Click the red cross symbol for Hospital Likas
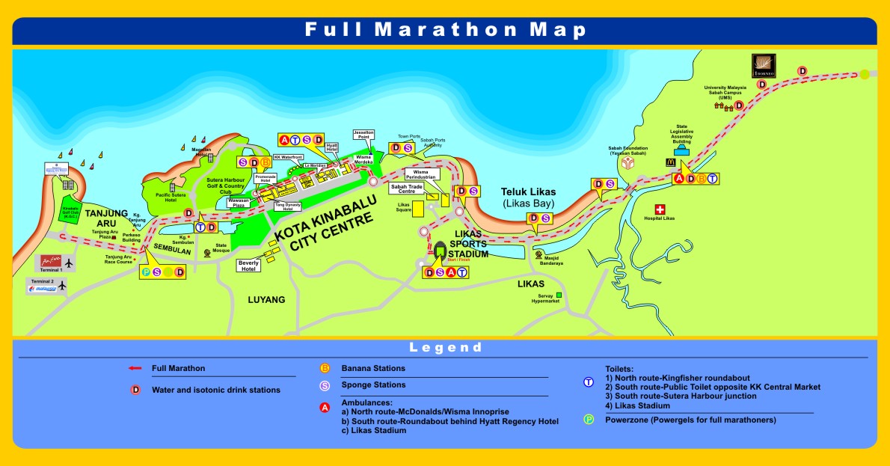point(660,209)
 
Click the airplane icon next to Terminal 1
point(70,263)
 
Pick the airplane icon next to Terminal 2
point(63,286)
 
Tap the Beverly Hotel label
point(249,266)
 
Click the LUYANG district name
point(266,300)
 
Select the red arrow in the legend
point(135,368)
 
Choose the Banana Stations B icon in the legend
point(325,368)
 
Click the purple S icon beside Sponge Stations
point(325,386)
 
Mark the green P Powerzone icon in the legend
point(589,420)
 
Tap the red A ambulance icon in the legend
point(325,408)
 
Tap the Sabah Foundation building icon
point(627,164)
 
